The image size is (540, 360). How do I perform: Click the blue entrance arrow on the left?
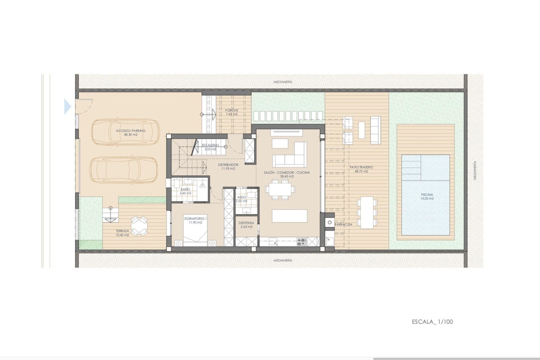pos(68,107)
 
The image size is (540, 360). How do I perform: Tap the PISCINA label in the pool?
pos(427,195)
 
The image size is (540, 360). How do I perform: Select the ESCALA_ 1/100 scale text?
pos(432,322)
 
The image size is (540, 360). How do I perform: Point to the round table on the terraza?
pos(139,225)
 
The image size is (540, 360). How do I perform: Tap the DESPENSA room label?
pos(246,223)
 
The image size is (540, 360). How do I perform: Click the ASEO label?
pos(242,197)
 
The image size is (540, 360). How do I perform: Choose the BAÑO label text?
pos(185,190)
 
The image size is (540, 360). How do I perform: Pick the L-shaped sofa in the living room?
pos(290,155)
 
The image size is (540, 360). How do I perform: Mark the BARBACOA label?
pos(343,224)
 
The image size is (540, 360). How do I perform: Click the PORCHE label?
pos(232,110)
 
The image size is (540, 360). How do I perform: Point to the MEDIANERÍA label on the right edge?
pos(475,170)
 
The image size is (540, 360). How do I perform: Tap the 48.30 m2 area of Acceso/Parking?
pos(131,135)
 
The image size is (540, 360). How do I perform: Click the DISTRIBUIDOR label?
pos(228,165)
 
